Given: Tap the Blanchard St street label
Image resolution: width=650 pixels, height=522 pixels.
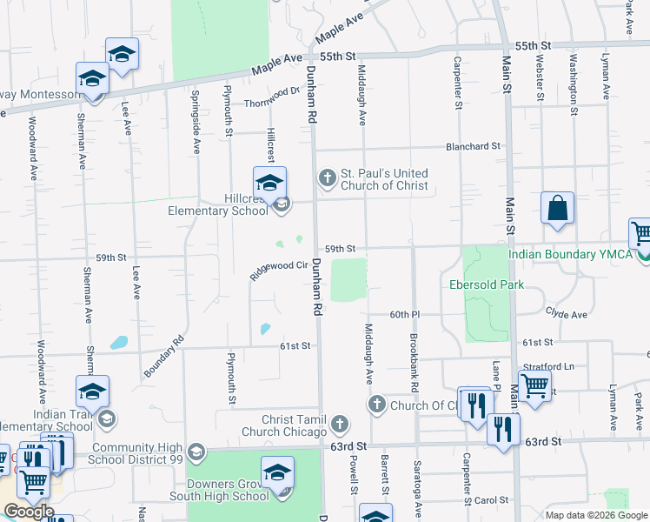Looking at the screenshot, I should pyautogui.click(x=474, y=147).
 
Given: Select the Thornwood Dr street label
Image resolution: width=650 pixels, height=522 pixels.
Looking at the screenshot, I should pyautogui.click(x=272, y=94).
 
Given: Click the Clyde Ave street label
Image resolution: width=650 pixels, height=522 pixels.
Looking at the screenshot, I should pyautogui.click(x=567, y=311).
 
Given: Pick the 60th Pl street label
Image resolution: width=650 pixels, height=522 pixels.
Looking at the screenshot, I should pyautogui.click(x=405, y=314).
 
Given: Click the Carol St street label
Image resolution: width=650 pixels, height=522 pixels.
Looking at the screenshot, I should pyautogui.click(x=491, y=500).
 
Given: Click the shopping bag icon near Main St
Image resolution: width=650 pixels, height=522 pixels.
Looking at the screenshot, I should pyautogui.click(x=557, y=210).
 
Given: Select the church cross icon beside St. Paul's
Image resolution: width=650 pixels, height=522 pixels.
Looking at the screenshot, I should pyautogui.click(x=327, y=178).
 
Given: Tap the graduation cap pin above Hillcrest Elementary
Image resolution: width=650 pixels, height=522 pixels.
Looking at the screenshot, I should pyautogui.click(x=269, y=184).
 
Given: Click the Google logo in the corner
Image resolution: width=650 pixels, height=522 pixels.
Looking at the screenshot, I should pyautogui.click(x=28, y=512).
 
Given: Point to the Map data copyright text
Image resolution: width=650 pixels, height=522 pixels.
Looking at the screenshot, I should pyautogui.click(x=596, y=515).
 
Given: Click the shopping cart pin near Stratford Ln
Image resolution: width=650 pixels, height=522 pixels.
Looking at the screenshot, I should pyautogui.click(x=534, y=385).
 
